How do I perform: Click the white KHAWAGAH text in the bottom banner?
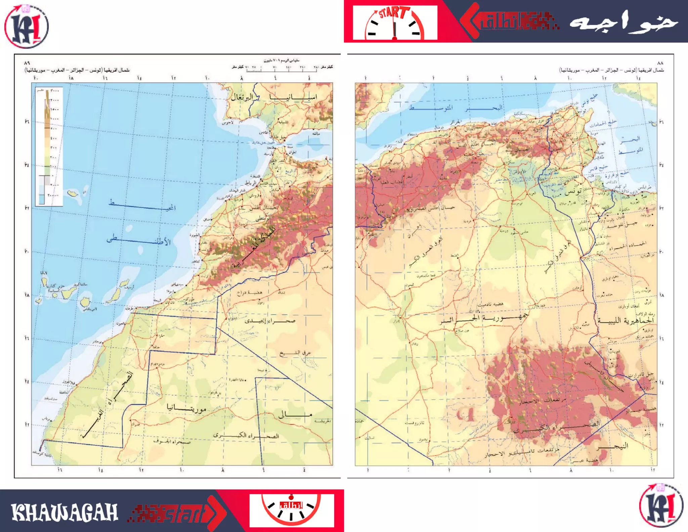click(x=64, y=512)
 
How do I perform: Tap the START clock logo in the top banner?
click(x=395, y=23)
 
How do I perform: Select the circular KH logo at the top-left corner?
click(x=26, y=26)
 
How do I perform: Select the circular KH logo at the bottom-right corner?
click(x=661, y=505)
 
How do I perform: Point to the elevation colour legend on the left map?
click(x=49, y=146)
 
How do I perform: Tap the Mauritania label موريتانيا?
click(x=187, y=408)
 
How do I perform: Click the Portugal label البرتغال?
click(x=242, y=98)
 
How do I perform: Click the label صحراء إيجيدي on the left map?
click(x=270, y=321)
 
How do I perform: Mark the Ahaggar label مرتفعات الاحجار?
click(x=542, y=401)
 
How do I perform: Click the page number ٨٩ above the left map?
click(x=27, y=63)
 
